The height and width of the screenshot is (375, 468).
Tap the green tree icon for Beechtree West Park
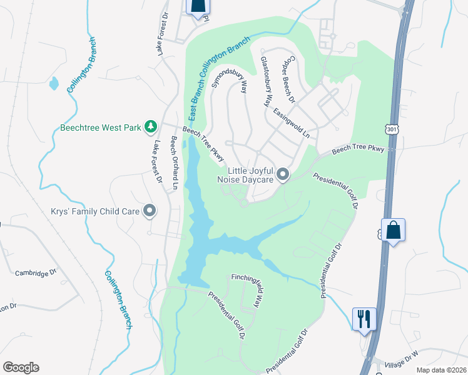pos(150,127)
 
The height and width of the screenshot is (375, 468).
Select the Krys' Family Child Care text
pos(95,211)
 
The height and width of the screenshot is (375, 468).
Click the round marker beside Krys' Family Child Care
pos(150,211)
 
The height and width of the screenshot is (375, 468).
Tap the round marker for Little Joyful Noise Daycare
pos(283,175)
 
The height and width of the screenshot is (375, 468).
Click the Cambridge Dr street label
pos(36,272)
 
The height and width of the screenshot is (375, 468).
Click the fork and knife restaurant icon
pos(364,319)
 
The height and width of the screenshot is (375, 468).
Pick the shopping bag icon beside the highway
pos(393,230)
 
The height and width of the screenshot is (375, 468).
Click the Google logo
pos(21,367)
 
